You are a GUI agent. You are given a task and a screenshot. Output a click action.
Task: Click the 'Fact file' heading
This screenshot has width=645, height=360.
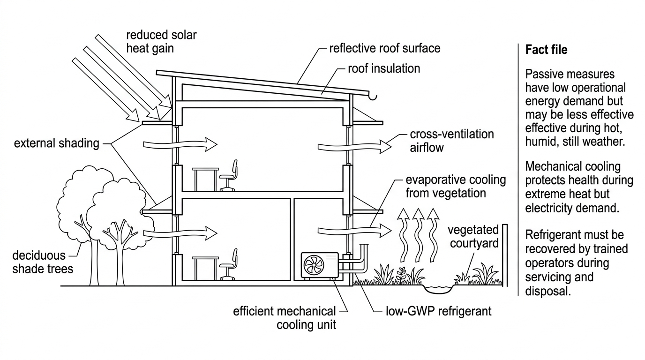[546, 50]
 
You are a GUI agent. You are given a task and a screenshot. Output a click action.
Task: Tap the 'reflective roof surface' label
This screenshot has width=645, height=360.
[385, 48]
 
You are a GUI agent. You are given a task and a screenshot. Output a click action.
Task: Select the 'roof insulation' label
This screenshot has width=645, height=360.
[384, 68]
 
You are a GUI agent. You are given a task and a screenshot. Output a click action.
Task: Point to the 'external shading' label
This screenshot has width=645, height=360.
[56, 143]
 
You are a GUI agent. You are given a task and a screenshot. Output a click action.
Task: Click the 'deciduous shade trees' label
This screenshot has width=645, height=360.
[43, 262]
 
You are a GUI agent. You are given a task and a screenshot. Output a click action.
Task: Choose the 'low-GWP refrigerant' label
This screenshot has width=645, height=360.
[439, 311]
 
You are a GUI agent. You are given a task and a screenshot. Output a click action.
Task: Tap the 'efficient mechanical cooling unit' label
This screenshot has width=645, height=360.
[285, 318]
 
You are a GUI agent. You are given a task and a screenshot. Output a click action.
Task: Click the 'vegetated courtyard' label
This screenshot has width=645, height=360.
[473, 236]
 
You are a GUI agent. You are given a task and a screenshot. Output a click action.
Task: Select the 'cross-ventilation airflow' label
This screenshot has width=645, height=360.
[452, 141]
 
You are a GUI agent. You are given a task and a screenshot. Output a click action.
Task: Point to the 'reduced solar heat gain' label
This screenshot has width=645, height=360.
[161, 41]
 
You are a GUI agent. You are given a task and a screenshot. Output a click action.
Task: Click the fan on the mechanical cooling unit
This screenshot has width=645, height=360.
[314, 265]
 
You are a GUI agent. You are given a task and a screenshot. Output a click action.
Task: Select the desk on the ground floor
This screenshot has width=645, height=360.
[205, 268]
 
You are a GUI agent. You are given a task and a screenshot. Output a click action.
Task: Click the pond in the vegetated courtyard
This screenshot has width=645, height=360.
[438, 289]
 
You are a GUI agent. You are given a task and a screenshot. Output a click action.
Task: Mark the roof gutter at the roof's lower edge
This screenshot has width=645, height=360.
[373, 96]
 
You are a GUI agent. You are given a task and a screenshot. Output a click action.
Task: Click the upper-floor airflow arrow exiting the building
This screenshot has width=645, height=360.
[355, 147]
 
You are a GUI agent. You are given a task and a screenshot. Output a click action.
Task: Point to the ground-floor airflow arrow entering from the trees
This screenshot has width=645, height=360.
[180, 233]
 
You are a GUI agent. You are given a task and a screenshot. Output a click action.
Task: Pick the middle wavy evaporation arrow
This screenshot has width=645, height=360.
[418, 235]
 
